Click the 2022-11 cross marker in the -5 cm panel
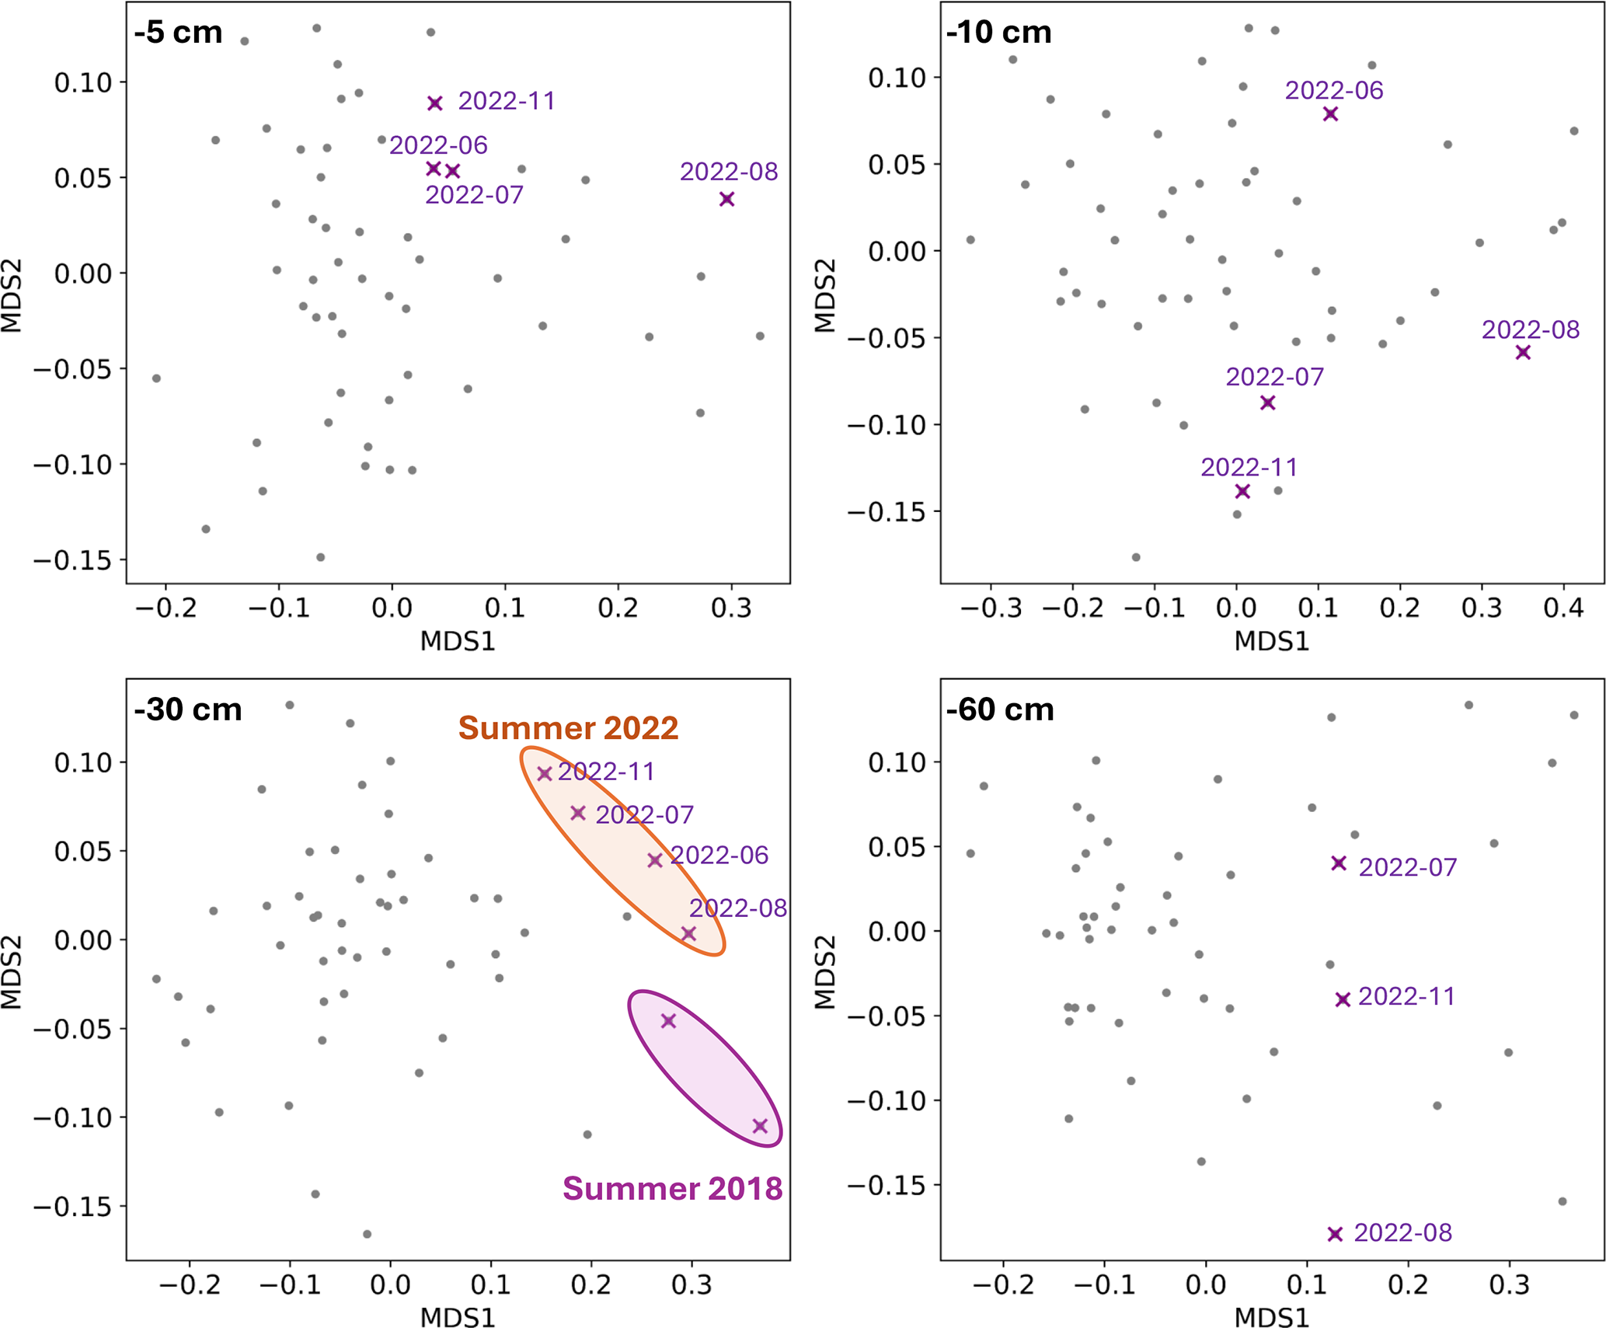point(435,103)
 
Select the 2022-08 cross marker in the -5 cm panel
point(726,199)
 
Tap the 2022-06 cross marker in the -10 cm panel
point(1331,113)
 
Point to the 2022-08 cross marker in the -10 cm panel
point(1523,352)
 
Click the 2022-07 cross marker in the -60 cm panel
point(1339,863)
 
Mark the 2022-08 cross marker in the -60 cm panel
point(1335,1234)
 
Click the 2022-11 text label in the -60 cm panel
point(1406,996)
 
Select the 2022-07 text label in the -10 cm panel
point(1274,377)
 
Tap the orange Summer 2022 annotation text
point(568,728)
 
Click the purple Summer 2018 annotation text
point(672,1189)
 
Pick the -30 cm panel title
point(188,709)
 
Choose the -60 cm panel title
point(1001,709)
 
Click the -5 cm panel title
point(179,33)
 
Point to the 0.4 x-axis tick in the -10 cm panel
point(1563,608)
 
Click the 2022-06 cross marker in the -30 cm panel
point(655,860)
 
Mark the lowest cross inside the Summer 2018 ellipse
point(760,1126)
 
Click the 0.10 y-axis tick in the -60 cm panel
point(894,762)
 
